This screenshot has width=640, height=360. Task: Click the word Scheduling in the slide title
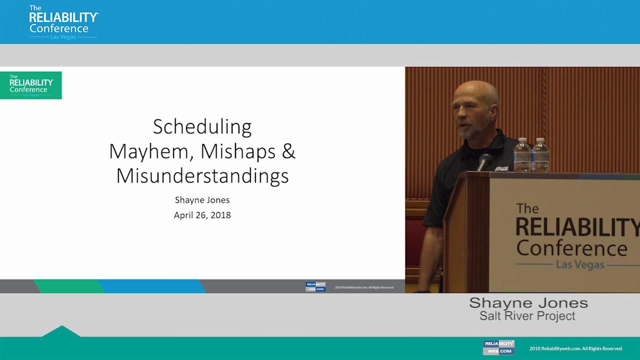(x=202, y=127)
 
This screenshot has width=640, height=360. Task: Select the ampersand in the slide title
(x=288, y=151)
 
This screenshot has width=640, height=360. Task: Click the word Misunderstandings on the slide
(x=202, y=176)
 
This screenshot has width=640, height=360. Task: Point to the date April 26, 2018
(x=202, y=215)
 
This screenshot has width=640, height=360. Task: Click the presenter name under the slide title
(x=202, y=200)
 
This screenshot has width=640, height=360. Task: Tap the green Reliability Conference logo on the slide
(x=31, y=85)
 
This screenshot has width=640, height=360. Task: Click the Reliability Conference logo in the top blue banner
(x=63, y=22)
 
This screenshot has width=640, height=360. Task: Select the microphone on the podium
(x=484, y=161)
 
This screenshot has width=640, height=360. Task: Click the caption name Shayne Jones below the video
(x=528, y=303)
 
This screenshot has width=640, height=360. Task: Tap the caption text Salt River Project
(x=527, y=316)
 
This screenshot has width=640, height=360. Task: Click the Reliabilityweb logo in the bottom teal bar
(x=498, y=347)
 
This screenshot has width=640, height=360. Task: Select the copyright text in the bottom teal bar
(x=576, y=348)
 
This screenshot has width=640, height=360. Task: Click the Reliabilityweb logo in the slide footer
(x=315, y=287)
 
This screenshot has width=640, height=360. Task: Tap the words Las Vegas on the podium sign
(x=580, y=264)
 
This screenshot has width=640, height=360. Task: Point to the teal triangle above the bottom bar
(x=61, y=331)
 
